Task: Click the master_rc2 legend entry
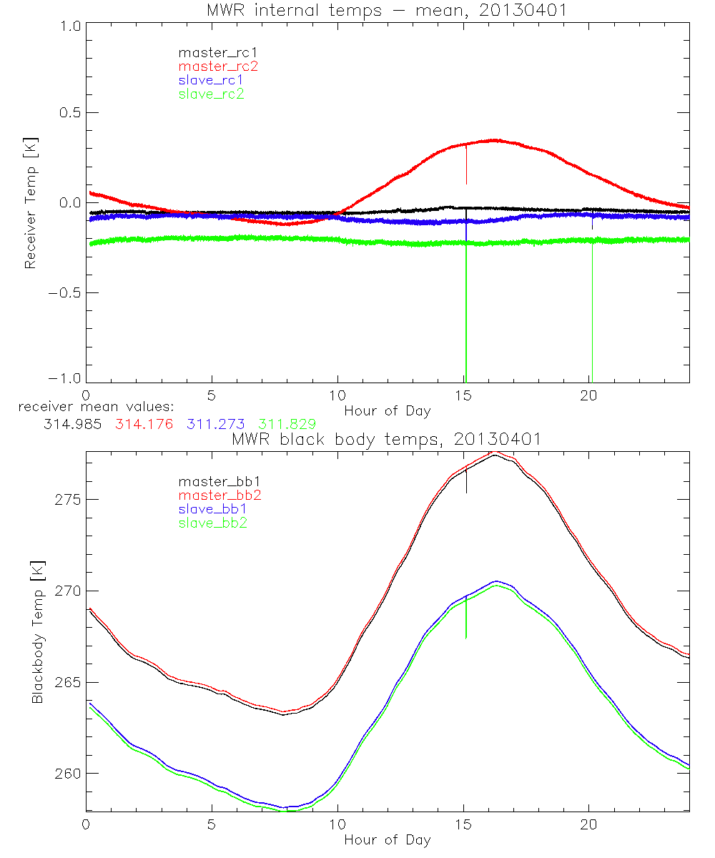(218, 66)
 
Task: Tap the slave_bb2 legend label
(214, 524)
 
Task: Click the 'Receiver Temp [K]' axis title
(30, 202)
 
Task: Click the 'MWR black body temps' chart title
(387, 439)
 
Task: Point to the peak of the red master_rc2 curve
(495, 140)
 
